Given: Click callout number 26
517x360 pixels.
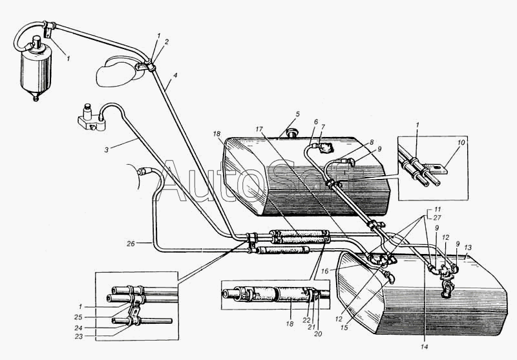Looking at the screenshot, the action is (131, 244).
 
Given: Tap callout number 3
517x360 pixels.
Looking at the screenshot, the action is (106, 150).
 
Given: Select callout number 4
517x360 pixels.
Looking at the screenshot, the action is (175, 75).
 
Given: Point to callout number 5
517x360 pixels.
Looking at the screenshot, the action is (297, 114).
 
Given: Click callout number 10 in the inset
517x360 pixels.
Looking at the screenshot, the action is (461, 142).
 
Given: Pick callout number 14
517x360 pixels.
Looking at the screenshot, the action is (424, 346).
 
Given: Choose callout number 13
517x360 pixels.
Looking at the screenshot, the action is (468, 248).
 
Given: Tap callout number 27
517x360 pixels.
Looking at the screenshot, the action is (438, 218).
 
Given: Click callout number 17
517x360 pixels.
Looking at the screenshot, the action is (259, 129).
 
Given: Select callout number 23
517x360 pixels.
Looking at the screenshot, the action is (79, 336).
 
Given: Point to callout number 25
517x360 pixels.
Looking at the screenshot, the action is (79, 317).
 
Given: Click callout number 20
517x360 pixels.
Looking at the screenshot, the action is (318, 334).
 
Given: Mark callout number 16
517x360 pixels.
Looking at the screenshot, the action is (325, 271).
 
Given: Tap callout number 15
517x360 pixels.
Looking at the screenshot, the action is (344, 328).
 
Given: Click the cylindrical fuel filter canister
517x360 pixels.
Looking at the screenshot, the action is (36, 70).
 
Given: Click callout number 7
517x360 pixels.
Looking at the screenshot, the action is (323, 127).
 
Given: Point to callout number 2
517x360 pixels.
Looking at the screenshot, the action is (167, 42).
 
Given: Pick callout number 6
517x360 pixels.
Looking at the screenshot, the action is (316, 122).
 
